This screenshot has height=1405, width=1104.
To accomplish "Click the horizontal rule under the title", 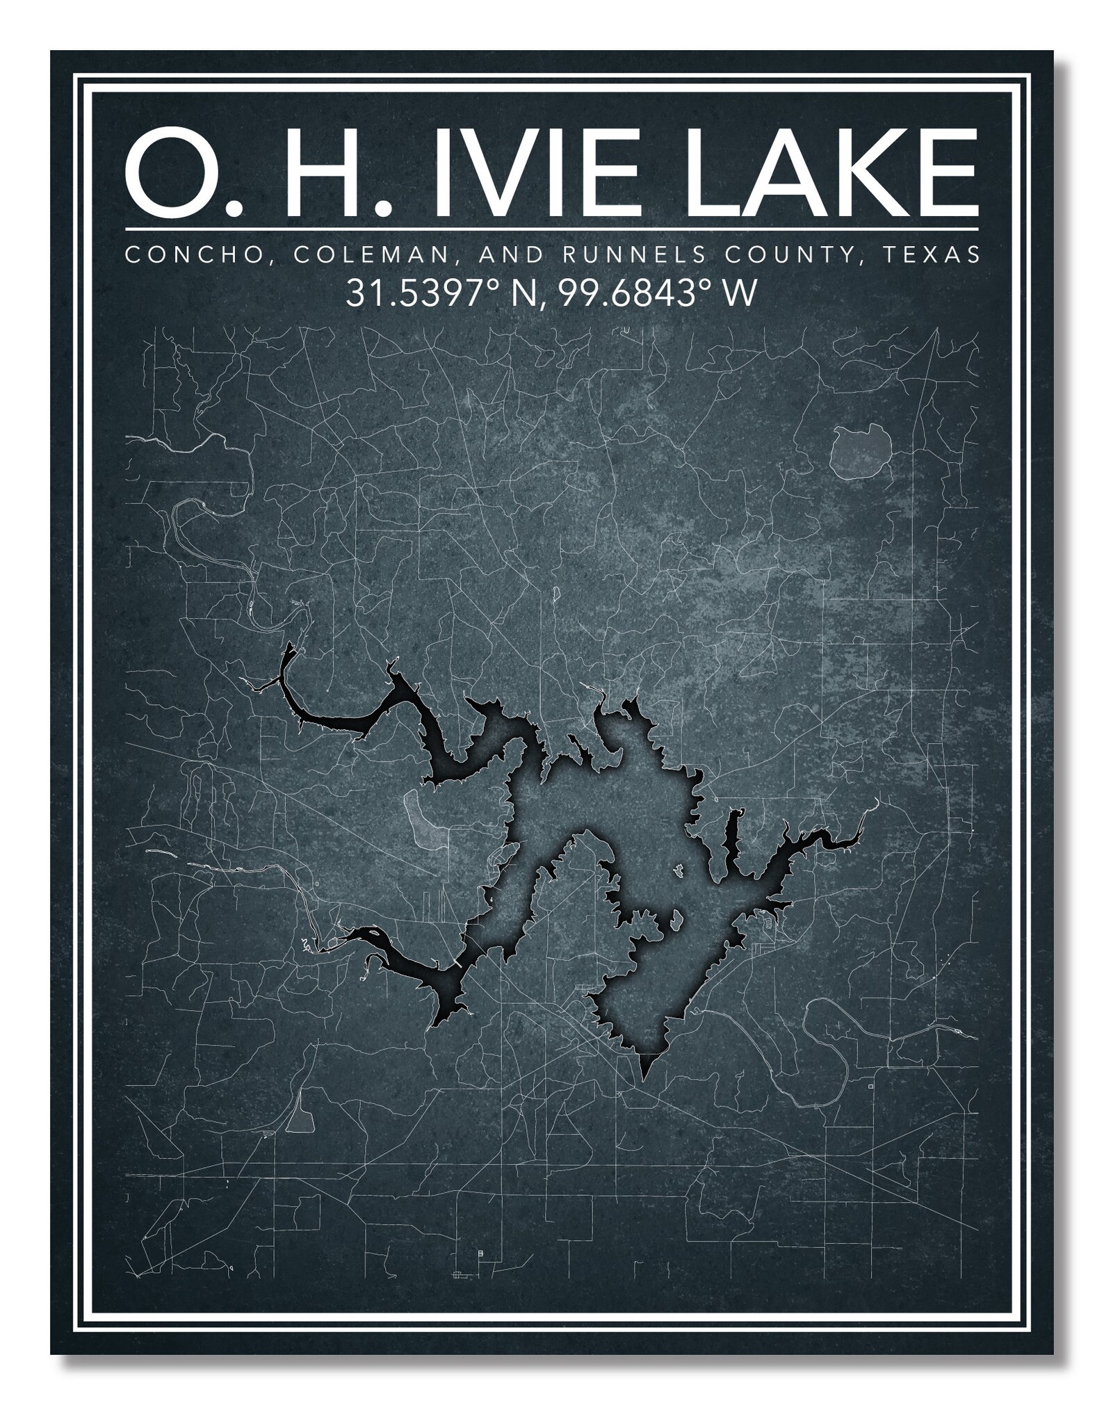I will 551,229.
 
